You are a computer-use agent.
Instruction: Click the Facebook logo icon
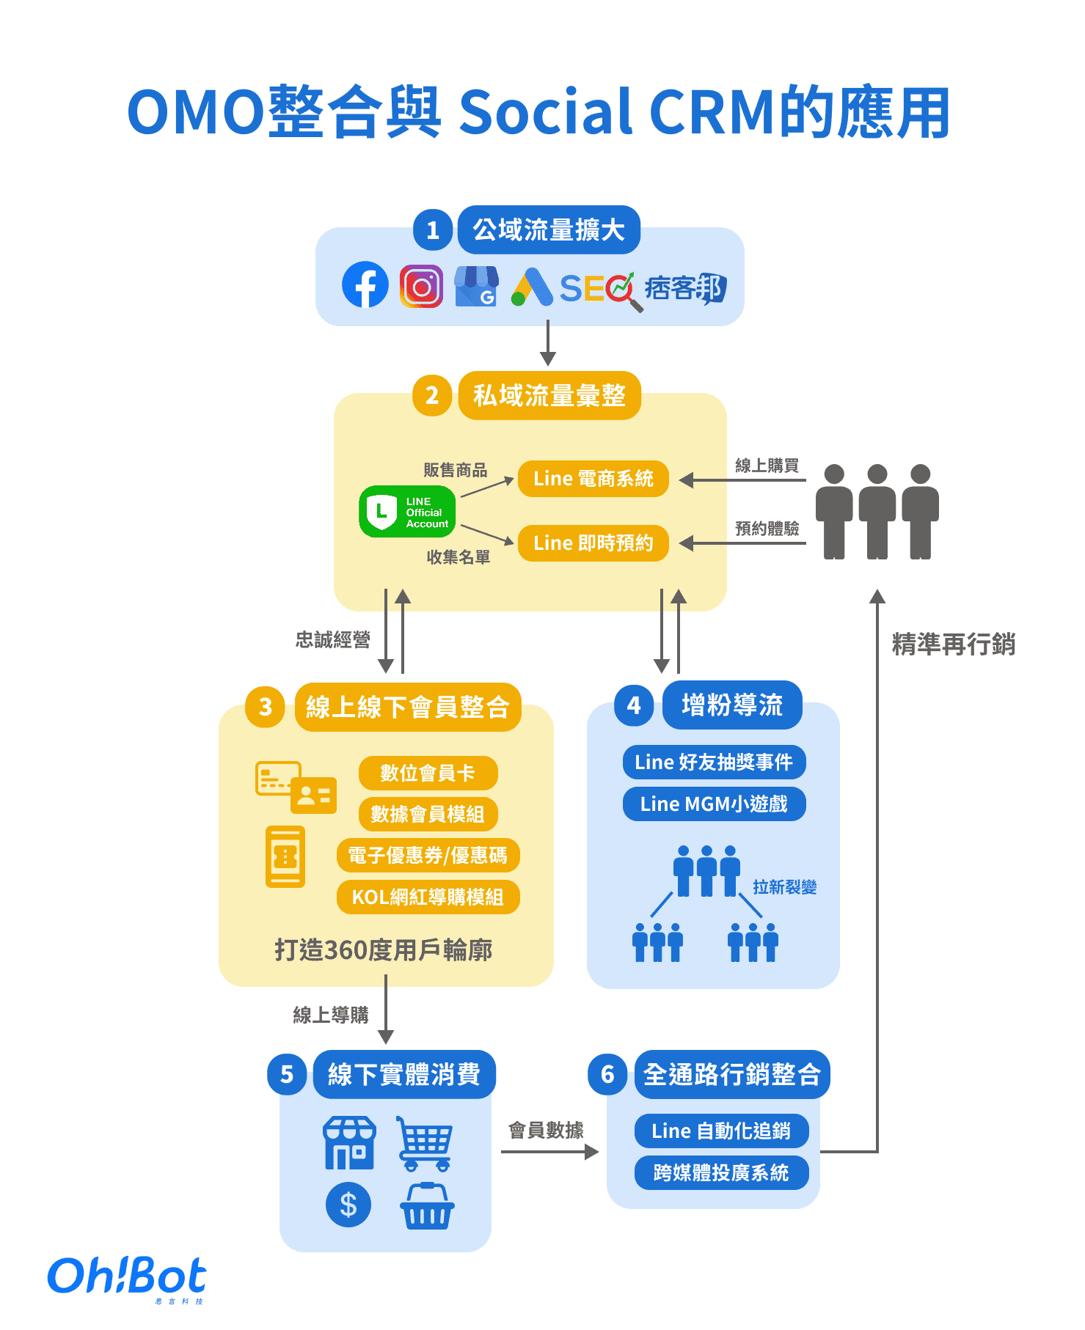pos(365,285)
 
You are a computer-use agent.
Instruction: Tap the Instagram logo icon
pos(421,286)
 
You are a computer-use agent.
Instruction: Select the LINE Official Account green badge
pos(407,512)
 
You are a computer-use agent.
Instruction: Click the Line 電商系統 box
pos(593,479)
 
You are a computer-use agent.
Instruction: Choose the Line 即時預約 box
pos(593,543)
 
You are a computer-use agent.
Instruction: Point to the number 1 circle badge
pos(433,230)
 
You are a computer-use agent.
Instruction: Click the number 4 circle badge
pos(634,706)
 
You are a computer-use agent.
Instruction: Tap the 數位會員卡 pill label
pos(428,774)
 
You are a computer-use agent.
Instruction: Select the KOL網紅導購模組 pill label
pos(428,897)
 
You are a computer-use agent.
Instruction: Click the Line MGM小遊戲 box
pos(714,804)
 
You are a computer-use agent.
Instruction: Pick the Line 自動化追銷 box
pos(721,1131)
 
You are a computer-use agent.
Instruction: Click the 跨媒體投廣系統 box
pos(721,1173)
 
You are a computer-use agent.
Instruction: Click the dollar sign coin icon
pos(348,1205)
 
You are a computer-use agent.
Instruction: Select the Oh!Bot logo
pos(127,1277)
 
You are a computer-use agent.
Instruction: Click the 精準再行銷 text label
pos(953,644)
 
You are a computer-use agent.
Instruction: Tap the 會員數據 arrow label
pos(546,1131)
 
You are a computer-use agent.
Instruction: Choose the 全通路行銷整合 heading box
pos(731,1075)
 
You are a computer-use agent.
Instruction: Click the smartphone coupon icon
pos(285,856)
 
